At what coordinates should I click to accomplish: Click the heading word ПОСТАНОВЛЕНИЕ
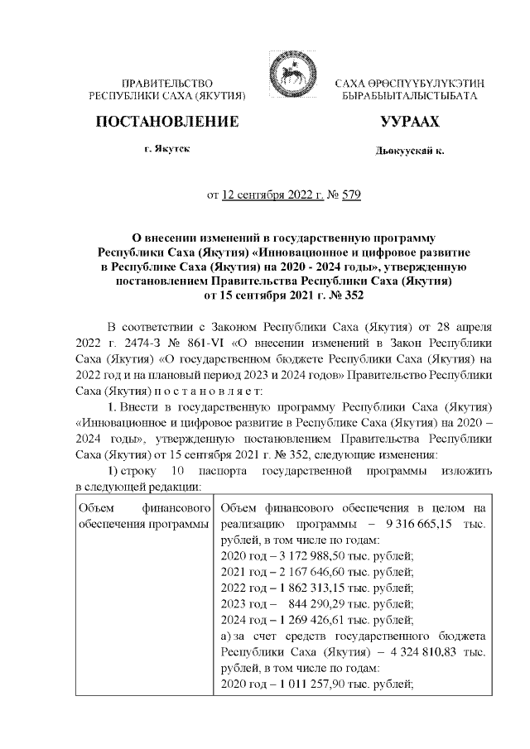click(x=167, y=122)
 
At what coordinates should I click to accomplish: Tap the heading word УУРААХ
click(x=409, y=122)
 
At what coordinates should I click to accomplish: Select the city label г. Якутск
click(x=167, y=151)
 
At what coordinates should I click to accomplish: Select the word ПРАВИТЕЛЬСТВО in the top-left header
click(x=168, y=84)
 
